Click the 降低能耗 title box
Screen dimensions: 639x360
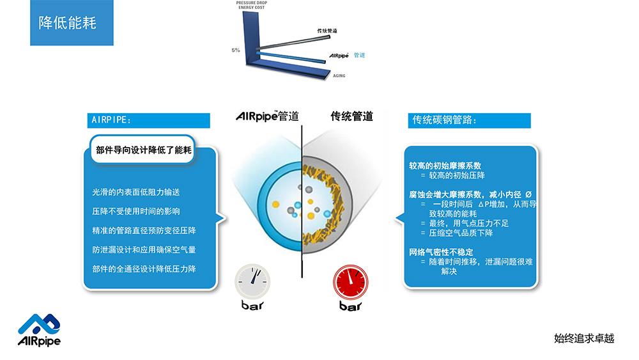pos(72,22)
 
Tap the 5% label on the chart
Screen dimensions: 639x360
pos(236,50)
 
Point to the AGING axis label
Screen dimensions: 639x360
pos(339,75)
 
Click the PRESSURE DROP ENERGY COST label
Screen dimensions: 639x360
pos(251,5)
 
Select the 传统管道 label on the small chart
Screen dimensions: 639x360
pos(327,31)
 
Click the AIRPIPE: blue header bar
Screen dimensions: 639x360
pos(148,120)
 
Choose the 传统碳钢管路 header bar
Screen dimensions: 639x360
pos(469,120)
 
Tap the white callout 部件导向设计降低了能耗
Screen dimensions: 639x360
pos(143,150)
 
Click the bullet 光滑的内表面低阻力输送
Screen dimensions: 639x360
pos(135,192)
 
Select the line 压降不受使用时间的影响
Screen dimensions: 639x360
pos(135,211)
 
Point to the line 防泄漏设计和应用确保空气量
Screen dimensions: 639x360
pos(144,249)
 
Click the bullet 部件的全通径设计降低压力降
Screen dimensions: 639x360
pos(144,269)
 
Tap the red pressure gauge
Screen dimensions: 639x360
pos(350,282)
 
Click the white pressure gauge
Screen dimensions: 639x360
pos(252,282)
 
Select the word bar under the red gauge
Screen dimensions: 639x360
pos(350,306)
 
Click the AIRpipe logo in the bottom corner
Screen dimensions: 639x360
pos(39,330)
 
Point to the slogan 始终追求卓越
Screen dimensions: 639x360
pos(584,338)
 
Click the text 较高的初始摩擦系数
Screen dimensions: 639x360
pos(445,166)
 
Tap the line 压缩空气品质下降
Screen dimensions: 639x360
pos(461,233)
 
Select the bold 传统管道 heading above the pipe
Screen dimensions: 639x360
pos(351,116)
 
